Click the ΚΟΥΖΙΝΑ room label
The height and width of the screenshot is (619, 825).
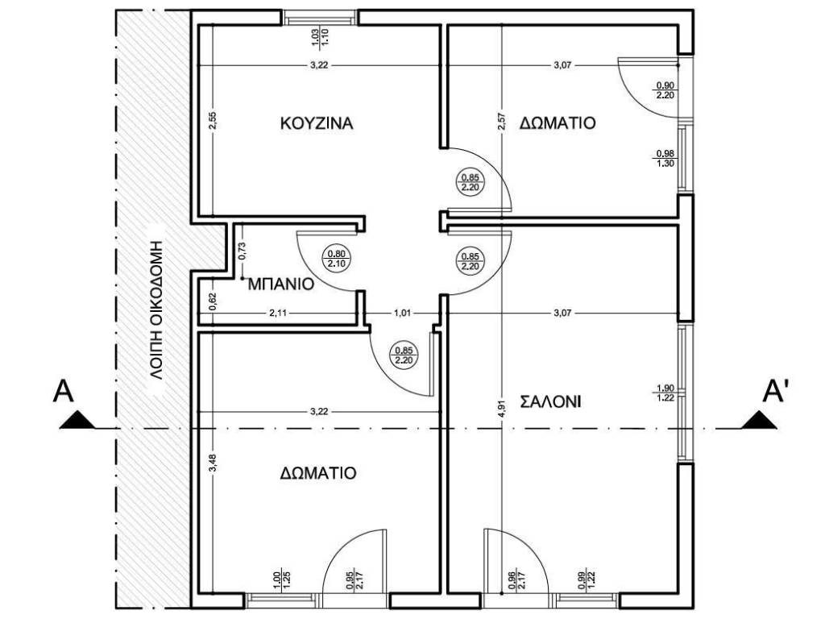click(317, 123)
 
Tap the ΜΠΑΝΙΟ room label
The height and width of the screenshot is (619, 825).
click(281, 285)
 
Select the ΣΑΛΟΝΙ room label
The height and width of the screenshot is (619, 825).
click(550, 402)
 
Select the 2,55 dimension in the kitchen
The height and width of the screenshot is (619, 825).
click(213, 122)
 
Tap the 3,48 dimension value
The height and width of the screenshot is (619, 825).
click(213, 463)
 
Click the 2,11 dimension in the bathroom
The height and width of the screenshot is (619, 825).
click(278, 314)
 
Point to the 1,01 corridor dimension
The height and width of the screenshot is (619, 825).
click(403, 314)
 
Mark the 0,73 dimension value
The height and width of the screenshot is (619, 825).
click(242, 251)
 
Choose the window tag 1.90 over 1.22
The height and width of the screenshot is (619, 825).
click(665, 393)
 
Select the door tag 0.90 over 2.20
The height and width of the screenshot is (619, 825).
click(665, 90)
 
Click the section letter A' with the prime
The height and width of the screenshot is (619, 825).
click(775, 391)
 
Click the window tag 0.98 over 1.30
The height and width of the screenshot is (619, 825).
click(665, 159)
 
